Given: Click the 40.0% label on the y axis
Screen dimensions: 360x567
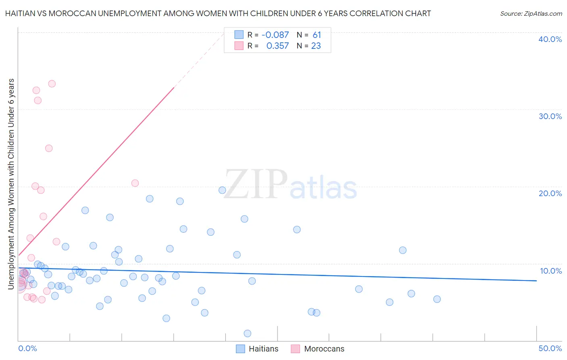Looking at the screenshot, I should pos(550,39).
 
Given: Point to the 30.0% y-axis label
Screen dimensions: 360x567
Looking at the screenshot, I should pos(550,116).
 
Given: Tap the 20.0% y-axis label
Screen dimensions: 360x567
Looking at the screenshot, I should pos(550,193).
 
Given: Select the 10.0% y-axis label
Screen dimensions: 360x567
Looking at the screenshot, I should pos(551,271).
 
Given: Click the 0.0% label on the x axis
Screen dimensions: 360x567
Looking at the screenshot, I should pos(27,348).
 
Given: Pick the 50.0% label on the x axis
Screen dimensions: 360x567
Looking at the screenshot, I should pos(550,348).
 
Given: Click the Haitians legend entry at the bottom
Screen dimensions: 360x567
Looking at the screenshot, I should pos(263,349).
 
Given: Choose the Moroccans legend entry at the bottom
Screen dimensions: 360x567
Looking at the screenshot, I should pos(324,349).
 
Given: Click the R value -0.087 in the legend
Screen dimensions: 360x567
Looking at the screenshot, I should pos(275,35).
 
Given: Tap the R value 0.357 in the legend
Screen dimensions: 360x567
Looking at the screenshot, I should pos(277,46).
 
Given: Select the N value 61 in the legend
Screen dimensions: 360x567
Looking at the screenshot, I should pos(317,35).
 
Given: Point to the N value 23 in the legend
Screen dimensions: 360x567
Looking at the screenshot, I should pos(316,46).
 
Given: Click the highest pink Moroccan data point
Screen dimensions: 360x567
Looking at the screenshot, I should pos(52,84).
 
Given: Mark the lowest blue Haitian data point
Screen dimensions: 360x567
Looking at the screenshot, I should pos(248,333).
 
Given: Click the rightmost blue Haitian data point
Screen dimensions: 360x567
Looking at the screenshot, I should pos(437,299).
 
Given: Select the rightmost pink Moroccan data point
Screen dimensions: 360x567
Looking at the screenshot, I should pos(135,183).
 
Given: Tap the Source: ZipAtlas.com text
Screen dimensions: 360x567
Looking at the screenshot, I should pos(531,14).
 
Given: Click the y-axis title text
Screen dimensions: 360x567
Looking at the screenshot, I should pos(11,184).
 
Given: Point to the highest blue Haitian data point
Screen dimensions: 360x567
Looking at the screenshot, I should pos(222,190).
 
